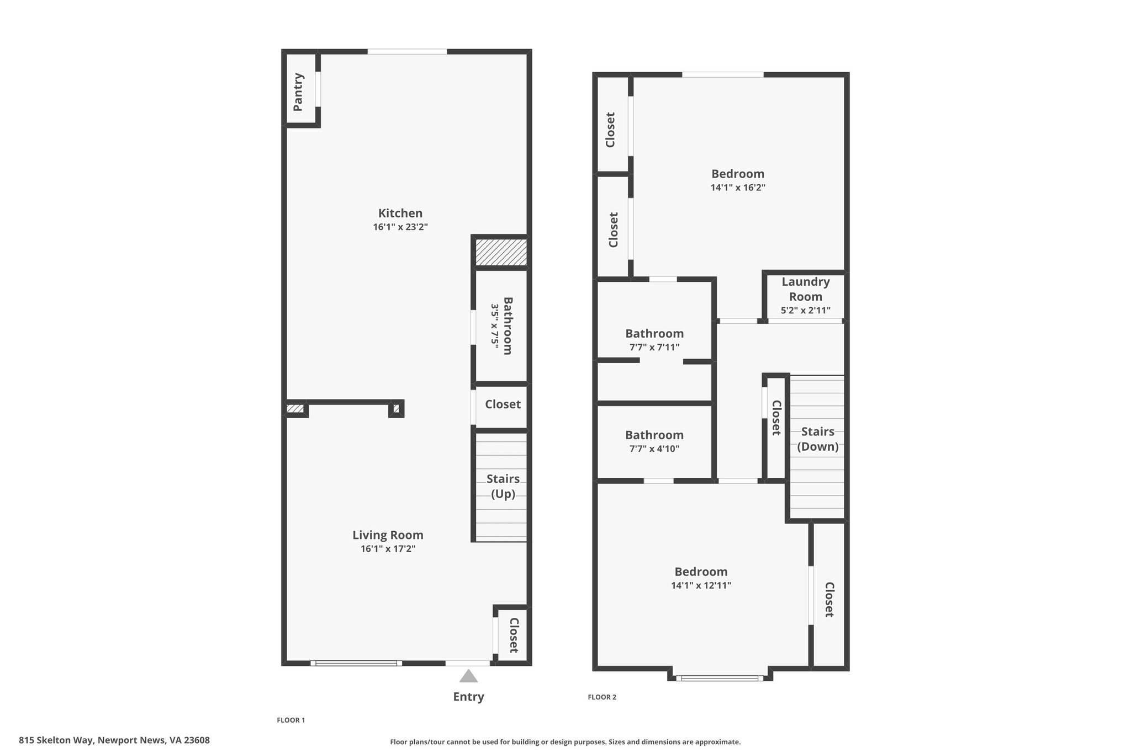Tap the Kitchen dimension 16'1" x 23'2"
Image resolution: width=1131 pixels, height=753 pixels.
click(x=400, y=227)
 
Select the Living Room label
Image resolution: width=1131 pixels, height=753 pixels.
click(x=388, y=535)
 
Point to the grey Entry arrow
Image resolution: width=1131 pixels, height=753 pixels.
click(x=468, y=676)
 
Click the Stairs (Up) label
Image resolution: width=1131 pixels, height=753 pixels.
click(x=503, y=486)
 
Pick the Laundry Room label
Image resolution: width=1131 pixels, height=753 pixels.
click(x=806, y=289)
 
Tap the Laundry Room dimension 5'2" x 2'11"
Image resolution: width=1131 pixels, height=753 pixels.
click(x=806, y=311)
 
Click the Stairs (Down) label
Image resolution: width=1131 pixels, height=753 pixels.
click(x=818, y=439)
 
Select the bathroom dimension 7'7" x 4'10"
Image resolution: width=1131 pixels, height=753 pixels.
click(x=654, y=448)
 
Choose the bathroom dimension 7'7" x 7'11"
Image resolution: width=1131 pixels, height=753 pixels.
click(x=654, y=348)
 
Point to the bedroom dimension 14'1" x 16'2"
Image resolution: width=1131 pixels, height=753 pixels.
click(x=738, y=188)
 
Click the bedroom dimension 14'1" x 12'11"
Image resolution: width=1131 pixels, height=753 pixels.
click(x=701, y=585)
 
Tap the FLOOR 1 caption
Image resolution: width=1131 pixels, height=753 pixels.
click(x=290, y=720)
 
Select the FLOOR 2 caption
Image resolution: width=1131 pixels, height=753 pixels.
click(x=602, y=697)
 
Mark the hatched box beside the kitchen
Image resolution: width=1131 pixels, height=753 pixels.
click(x=501, y=252)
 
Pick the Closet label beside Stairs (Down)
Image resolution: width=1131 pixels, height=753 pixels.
click(x=776, y=418)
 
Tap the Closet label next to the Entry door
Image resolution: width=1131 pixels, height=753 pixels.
click(x=514, y=635)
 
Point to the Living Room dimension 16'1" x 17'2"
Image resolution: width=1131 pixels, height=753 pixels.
click(x=388, y=549)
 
